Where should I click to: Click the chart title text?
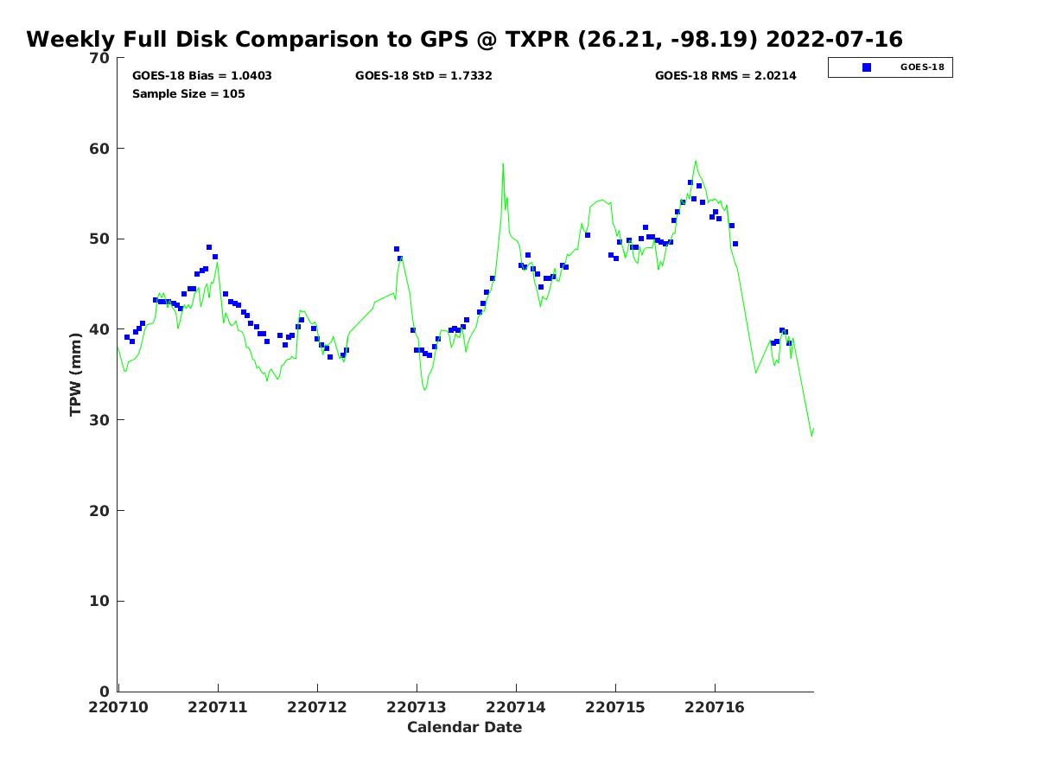(x=464, y=39)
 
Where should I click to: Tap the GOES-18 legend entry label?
(x=922, y=67)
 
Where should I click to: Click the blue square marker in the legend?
(x=867, y=67)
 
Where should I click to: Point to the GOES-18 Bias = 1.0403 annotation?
(x=201, y=75)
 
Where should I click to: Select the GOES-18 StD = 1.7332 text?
(x=423, y=75)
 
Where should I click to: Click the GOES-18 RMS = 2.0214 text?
(x=725, y=75)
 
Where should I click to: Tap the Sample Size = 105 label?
(x=188, y=94)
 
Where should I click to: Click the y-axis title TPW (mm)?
(x=75, y=374)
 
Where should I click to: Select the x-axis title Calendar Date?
(x=464, y=727)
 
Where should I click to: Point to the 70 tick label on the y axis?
(x=99, y=58)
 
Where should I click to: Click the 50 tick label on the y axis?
(x=99, y=239)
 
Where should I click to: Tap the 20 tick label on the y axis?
(x=99, y=511)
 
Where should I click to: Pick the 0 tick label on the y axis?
(x=105, y=692)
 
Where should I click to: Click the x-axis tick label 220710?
(x=118, y=708)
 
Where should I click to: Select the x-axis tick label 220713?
(x=417, y=708)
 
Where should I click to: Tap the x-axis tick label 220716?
(x=715, y=708)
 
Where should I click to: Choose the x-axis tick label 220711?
(x=217, y=708)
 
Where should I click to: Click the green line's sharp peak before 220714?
(x=503, y=164)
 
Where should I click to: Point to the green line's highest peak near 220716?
(x=696, y=161)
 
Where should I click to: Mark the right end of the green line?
(x=813, y=429)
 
